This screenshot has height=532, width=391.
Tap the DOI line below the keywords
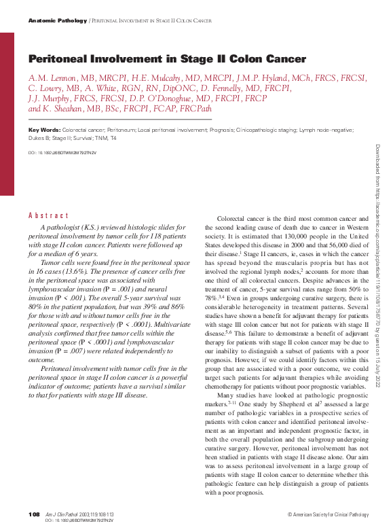tap(62, 153)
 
